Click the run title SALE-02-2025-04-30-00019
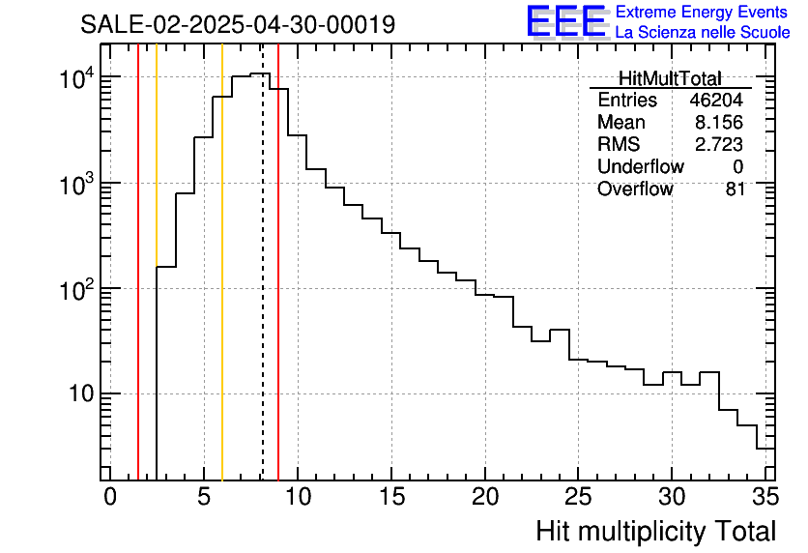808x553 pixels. [238, 24]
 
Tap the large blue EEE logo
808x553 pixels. [566, 21]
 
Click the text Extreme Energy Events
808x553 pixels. [702, 13]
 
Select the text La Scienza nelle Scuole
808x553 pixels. [702, 33]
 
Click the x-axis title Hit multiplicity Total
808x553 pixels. [655, 531]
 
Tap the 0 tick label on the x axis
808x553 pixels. [110, 498]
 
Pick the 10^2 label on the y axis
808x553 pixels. [73, 288]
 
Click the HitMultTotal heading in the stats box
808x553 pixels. [669, 78]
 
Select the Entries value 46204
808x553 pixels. [716, 101]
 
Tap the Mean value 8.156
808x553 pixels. [720, 123]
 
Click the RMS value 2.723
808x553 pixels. [720, 144]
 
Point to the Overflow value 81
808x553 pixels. [736, 189]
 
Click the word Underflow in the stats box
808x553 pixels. [640, 166]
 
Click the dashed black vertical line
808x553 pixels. [262, 290]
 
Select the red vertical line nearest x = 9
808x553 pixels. [278, 290]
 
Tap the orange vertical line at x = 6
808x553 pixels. [222, 290]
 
